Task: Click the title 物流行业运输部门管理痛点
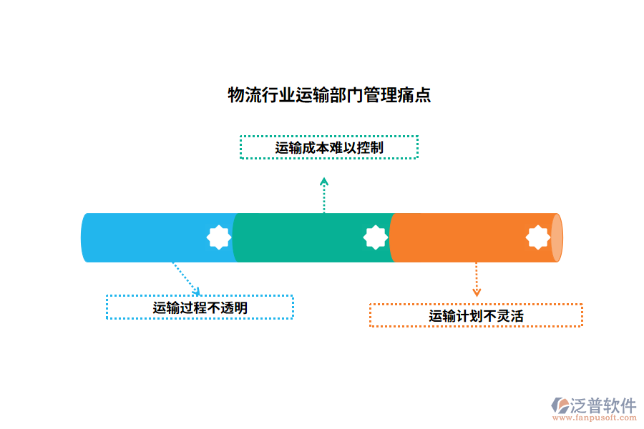[x=329, y=95]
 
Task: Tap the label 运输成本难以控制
[x=329, y=148]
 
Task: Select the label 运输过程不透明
[x=200, y=307]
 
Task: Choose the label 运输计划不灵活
[x=476, y=315]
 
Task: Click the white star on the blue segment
[x=218, y=237]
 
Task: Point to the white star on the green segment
[x=375, y=237]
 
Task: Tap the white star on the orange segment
[x=538, y=237]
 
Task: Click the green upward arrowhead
[x=324, y=182]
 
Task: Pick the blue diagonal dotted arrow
[x=185, y=277]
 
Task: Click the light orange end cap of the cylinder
[x=557, y=237]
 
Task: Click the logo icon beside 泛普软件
[x=560, y=406]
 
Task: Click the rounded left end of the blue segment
[x=86, y=237]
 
